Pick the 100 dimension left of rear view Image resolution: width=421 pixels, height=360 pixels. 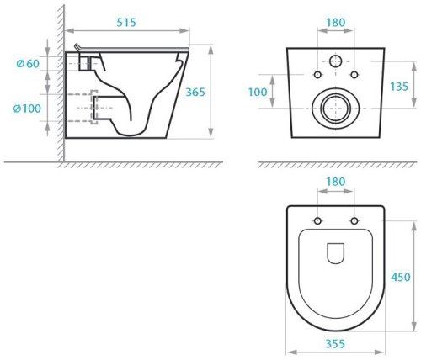pos(258,92)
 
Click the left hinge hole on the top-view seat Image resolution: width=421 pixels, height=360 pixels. pos(317,221)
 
